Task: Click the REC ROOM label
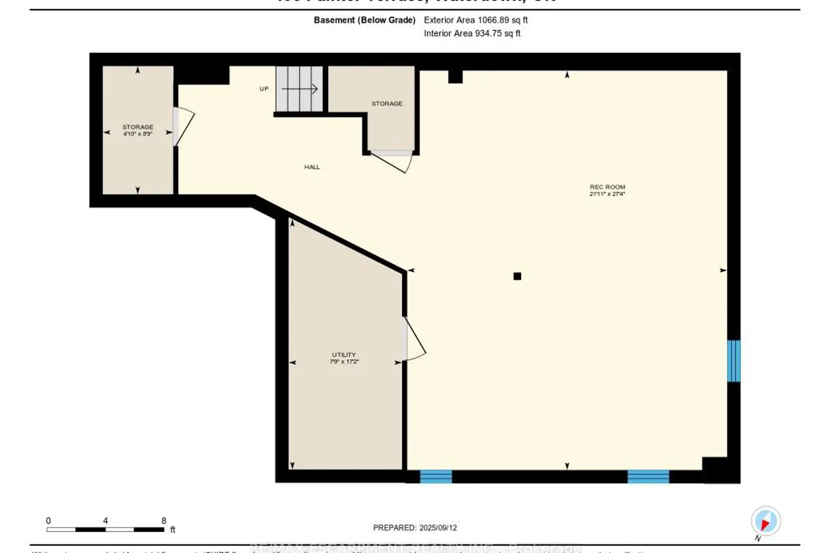607,187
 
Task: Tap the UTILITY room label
344,355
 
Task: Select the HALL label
312,167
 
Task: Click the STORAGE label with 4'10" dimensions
138,127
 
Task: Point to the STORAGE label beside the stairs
387,103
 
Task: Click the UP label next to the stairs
264,88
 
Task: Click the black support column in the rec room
517,276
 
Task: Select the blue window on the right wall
733,361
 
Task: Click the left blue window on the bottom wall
435,476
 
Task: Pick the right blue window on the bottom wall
648,476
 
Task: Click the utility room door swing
415,338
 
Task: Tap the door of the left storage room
184,127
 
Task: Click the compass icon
766,521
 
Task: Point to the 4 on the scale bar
105,520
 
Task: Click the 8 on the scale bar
164,520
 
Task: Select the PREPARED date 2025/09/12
415,528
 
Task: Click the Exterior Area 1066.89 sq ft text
475,20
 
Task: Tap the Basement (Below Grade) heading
364,20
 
